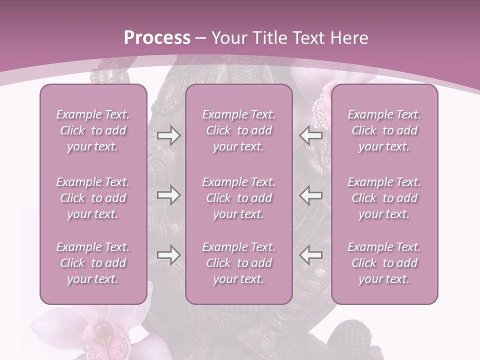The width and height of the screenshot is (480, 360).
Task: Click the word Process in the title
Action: click(x=157, y=38)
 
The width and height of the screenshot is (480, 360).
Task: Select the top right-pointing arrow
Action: click(x=168, y=135)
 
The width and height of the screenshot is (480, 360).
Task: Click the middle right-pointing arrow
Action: click(x=168, y=195)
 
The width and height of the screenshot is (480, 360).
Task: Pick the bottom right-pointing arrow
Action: click(x=168, y=255)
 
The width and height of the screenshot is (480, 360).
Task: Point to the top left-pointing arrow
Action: click(x=311, y=135)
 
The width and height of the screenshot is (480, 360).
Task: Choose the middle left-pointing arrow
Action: click(x=311, y=195)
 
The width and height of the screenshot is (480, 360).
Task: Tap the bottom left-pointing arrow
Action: click(x=311, y=255)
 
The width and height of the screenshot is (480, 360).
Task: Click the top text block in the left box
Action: click(x=93, y=130)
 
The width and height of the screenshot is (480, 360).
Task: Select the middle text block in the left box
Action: click(x=93, y=198)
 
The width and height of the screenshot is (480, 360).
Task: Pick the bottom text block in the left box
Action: click(x=93, y=263)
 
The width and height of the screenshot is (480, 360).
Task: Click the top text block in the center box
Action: click(x=239, y=130)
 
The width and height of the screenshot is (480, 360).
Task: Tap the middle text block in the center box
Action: click(x=239, y=198)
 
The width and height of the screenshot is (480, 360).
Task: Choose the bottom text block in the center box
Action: click(x=239, y=263)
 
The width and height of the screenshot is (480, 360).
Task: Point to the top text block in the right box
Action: click(x=384, y=130)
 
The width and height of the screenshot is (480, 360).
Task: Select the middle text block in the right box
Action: click(x=384, y=198)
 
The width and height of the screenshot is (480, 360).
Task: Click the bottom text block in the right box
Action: click(x=384, y=263)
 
